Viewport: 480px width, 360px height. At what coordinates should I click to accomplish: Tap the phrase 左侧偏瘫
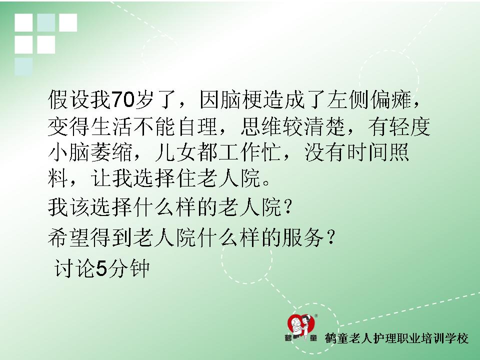pos(369,100)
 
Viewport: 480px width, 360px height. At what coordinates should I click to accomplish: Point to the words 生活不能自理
pos(154,126)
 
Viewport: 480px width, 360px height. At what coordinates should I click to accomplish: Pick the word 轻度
pos(409,126)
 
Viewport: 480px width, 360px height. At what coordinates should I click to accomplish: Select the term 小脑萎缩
pos(90,152)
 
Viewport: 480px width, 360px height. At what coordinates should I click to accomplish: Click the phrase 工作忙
pos(250,152)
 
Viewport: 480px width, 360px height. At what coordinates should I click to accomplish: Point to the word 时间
pos(367,152)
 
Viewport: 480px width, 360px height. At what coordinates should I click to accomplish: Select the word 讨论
pos(74,268)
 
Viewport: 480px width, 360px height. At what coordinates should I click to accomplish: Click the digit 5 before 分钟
pos(102,268)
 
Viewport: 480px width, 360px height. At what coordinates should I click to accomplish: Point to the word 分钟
pos(128,268)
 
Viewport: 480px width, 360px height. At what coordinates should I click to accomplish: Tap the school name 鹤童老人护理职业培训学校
pos(396,338)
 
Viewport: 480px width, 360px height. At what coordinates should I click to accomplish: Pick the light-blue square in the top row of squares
pos(46,22)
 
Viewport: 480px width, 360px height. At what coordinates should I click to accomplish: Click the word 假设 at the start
pos(68,100)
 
